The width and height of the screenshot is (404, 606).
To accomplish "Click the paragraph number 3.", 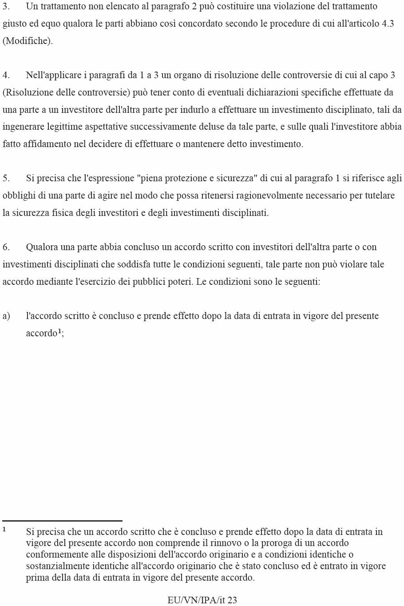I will [x=6, y=7].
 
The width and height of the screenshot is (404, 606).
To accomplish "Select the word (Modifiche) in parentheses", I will [x=28, y=41].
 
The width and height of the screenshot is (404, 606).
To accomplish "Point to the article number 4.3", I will [x=388, y=24].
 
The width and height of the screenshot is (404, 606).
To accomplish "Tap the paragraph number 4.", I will [x=6, y=76].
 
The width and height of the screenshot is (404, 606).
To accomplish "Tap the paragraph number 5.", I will [x=6, y=179].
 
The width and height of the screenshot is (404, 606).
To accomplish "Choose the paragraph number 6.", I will [x=6, y=247].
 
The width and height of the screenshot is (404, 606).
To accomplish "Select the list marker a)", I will [x=6, y=316].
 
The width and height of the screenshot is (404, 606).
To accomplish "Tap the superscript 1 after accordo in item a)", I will [x=60, y=331].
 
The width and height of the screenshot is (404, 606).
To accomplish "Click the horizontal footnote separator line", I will [x=62, y=521].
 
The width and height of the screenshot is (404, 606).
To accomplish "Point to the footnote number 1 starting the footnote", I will [x=4, y=530].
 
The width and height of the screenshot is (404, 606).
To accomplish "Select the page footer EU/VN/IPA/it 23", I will [x=202, y=600].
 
